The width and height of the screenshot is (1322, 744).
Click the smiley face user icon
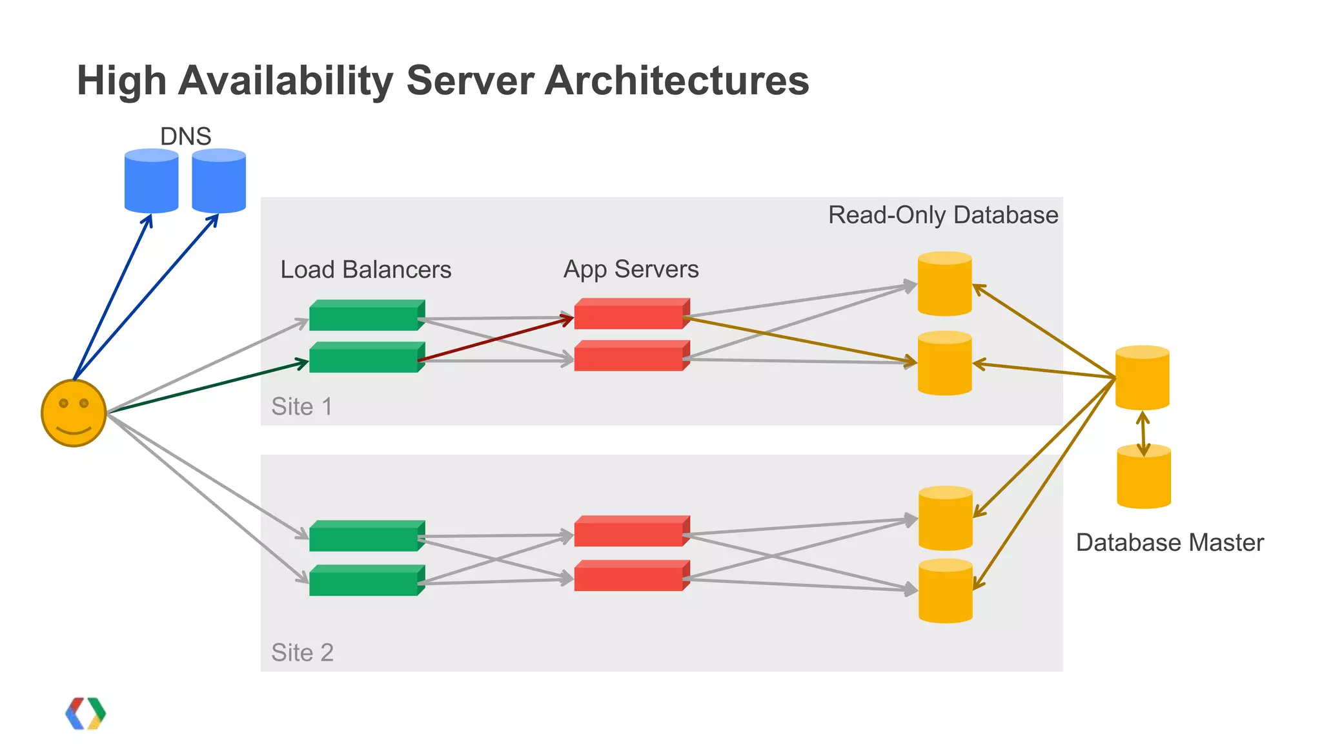[74, 413]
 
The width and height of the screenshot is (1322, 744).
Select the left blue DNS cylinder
[151, 181]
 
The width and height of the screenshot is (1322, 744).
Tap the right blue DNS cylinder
[219, 181]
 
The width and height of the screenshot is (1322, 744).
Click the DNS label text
[185, 136]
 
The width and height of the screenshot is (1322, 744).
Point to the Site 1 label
[301, 406]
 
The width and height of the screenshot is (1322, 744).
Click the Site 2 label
[302, 652]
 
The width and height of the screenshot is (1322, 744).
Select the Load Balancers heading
[365, 269]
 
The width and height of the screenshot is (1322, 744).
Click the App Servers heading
[631, 269]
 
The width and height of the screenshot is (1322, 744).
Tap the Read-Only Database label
[942, 215]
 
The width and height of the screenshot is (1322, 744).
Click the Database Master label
[1169, 542]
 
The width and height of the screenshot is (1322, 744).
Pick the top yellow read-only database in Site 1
[944, 284]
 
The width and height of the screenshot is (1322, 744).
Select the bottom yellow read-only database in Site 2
[945, 591]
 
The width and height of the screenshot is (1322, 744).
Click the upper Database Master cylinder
[1142, 378]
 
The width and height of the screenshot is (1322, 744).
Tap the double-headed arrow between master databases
[1143, 434]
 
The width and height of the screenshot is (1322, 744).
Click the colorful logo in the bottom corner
[85, 713]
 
